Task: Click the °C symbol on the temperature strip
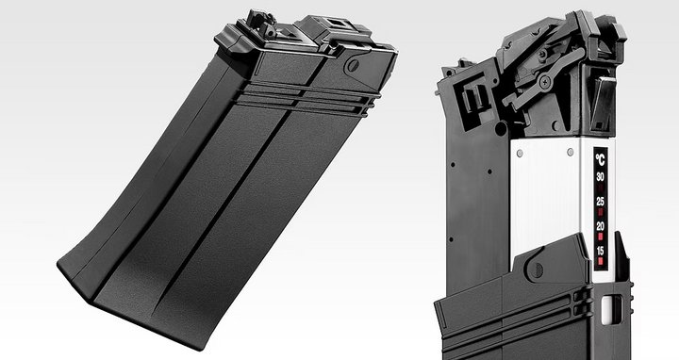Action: point(600,159)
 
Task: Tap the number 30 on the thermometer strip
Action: point(600,176)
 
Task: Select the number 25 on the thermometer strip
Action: point(600,201)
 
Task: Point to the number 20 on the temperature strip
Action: point(600,226)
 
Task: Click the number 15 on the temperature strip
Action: point(600,251)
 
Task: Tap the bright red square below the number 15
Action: point(600,261)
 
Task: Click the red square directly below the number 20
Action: point(600,237)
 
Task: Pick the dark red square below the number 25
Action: point(600,212)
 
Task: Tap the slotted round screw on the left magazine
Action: point(353,66)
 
